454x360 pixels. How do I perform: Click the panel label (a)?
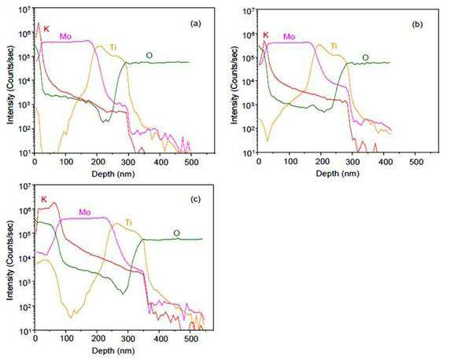click(195, 24)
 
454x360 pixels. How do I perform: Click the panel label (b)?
click(417, 24)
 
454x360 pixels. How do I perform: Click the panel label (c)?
click(195, 199)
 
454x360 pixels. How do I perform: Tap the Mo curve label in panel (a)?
click(65, 36)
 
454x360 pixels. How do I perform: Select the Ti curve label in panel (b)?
click(334, 46)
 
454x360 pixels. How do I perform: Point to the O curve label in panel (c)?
click(176, 233)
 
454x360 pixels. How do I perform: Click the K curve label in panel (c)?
click(44, 199)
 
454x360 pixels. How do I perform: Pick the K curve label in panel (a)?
click(46, 28)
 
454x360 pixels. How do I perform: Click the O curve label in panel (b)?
click(365, 57)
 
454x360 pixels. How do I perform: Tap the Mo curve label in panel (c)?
click(85, 212)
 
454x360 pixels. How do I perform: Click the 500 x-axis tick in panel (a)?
click(191, 162)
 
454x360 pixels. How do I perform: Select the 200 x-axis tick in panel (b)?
click(322, 162)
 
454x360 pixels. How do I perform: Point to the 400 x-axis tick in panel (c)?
click(161, 338)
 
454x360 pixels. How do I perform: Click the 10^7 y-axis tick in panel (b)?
click(249, 10)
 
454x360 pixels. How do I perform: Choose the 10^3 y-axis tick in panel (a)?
click(25, 105)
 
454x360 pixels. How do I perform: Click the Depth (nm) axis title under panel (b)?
click(338, 174)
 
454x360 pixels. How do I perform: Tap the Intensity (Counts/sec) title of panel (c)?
click(10, 260)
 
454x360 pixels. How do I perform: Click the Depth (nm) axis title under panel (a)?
click(113, 174)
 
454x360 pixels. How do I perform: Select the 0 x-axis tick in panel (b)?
click(259, 162)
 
